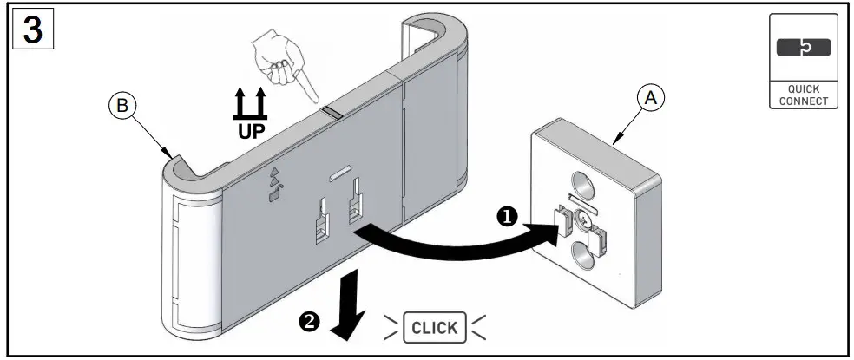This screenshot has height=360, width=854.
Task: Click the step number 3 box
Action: (x=31, y=32)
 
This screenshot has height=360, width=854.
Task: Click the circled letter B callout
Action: (x=122, y=106)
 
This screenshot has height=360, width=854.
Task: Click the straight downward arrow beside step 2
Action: (x=351, y=306)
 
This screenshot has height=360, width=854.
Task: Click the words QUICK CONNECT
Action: (x=798, y=95)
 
